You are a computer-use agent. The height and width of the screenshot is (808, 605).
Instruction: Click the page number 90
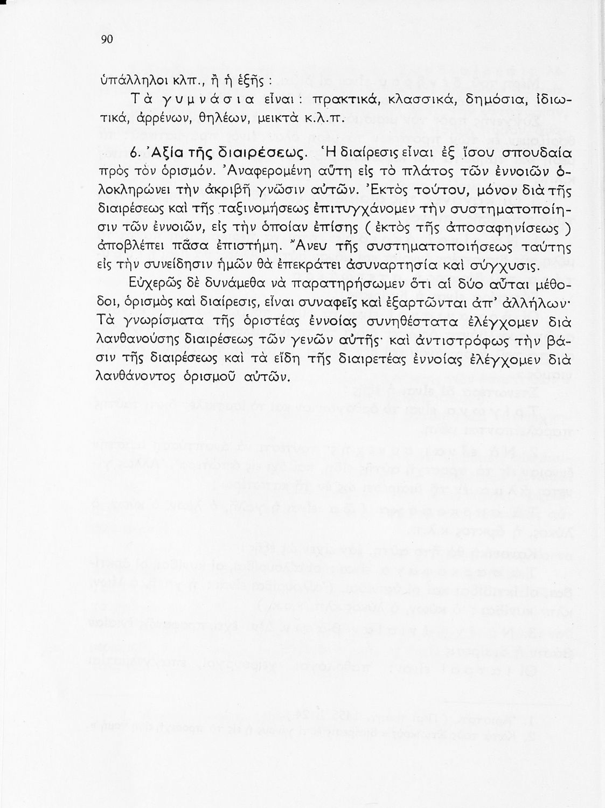(106, 40)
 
